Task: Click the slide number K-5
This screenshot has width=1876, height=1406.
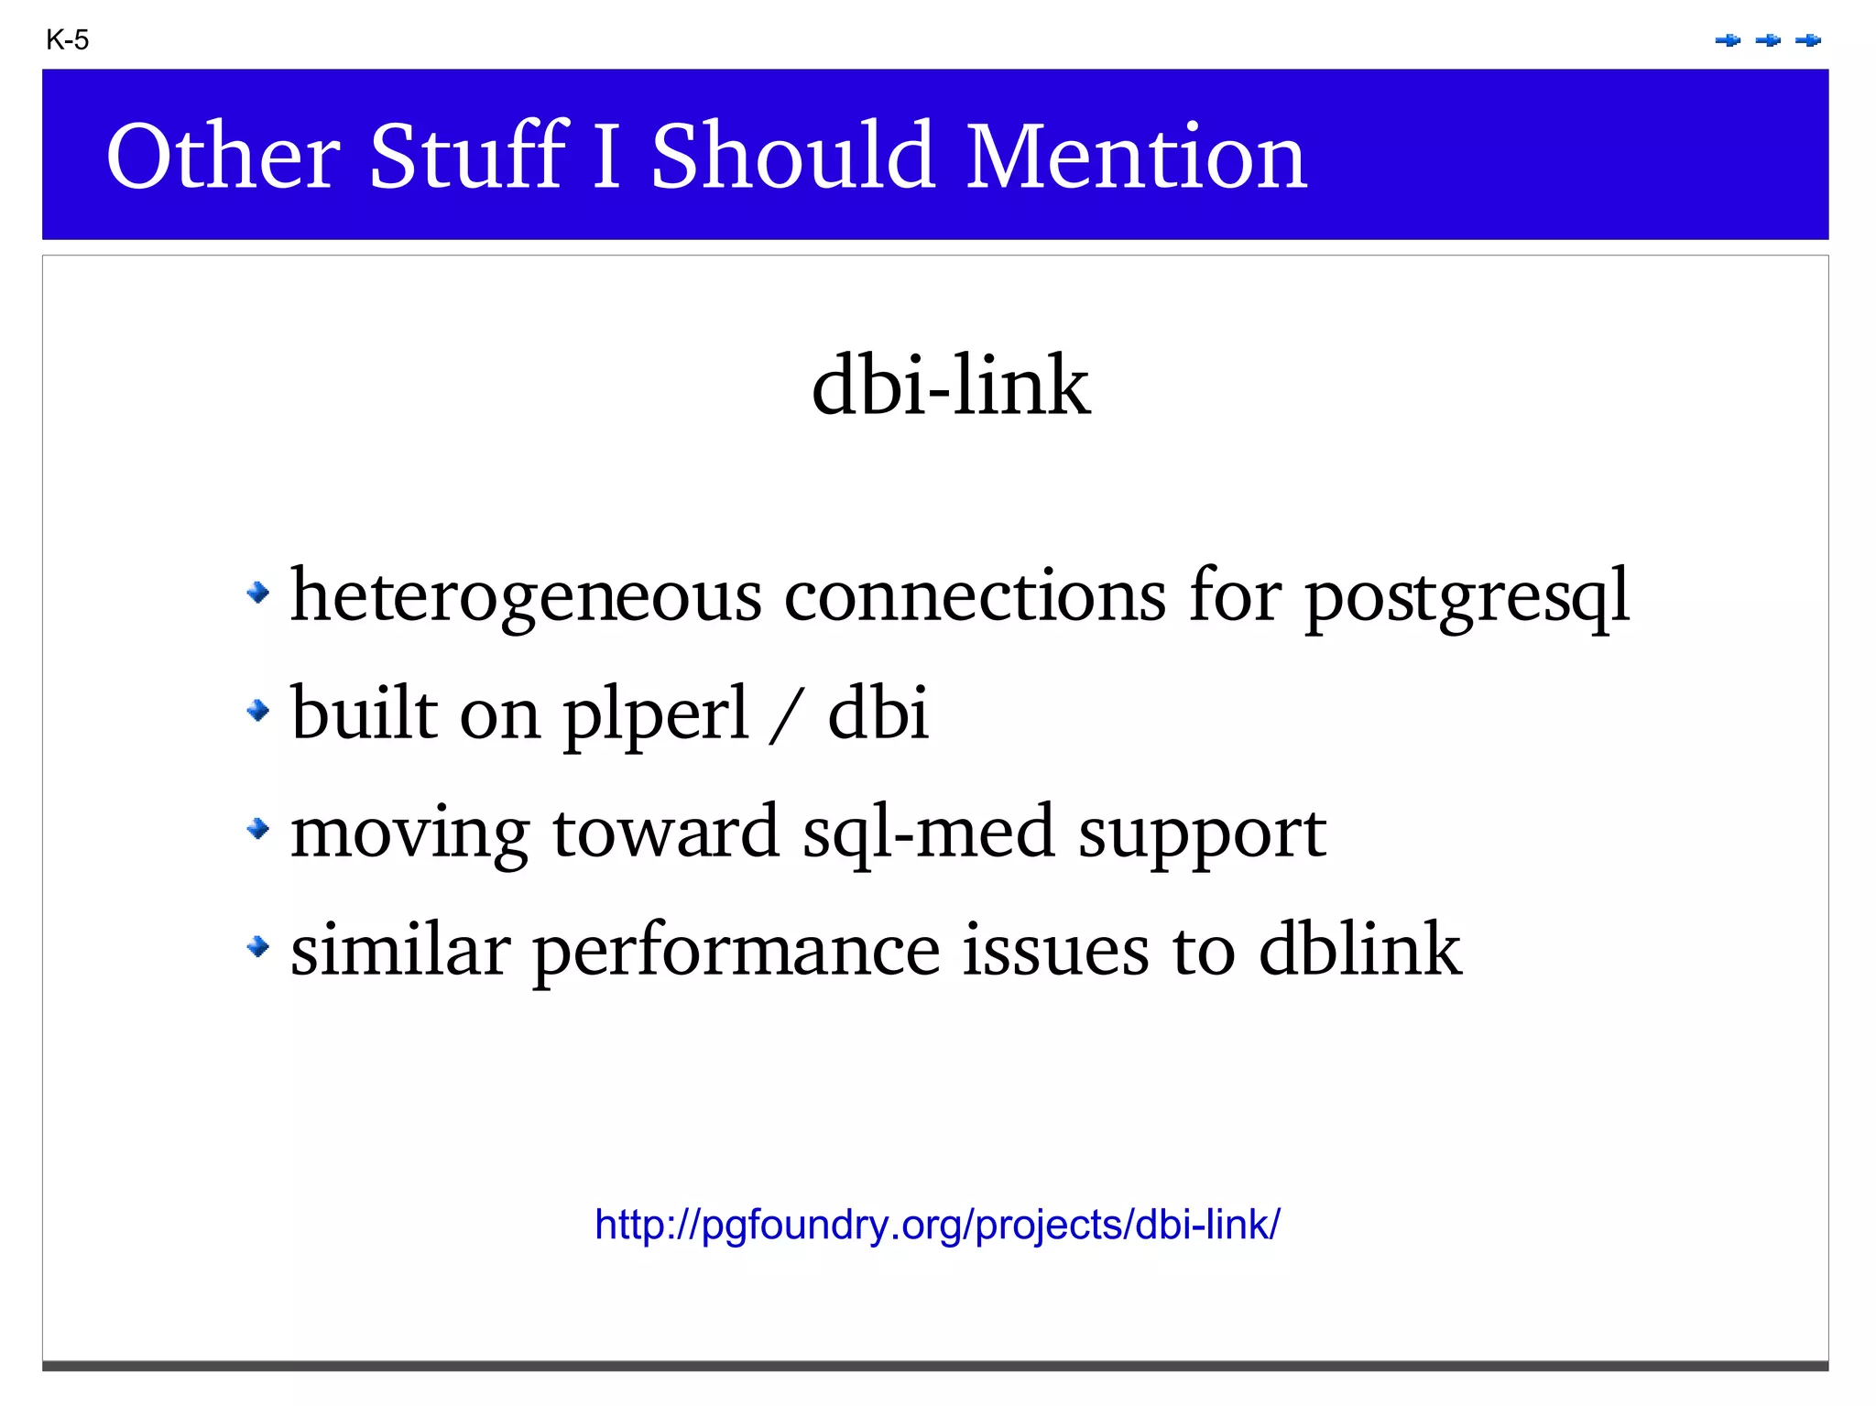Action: coord(67,40)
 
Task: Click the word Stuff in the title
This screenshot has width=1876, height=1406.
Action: coord(468,157)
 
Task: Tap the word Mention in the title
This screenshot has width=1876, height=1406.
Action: coord(1136,157)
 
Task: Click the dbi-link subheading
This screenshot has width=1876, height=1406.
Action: coord(951,386)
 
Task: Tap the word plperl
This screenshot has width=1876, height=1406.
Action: coord(656,714)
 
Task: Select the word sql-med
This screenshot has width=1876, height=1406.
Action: coord(928,832)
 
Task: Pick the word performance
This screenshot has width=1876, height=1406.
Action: coord(736,951)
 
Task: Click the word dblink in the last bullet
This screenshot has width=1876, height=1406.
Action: coord(1359,949)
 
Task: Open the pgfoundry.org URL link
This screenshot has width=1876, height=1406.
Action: coord(937,1225)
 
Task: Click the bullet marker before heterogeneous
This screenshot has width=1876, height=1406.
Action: coord(258,593)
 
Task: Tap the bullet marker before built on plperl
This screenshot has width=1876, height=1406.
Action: coord(258,710)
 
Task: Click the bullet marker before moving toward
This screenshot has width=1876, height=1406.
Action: coord(258,829)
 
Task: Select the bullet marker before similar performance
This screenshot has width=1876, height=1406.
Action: coord(258,946)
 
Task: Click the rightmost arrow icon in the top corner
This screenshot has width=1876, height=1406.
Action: coord(1808,40)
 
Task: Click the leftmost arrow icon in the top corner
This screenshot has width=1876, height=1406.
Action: coord(1728,40)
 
